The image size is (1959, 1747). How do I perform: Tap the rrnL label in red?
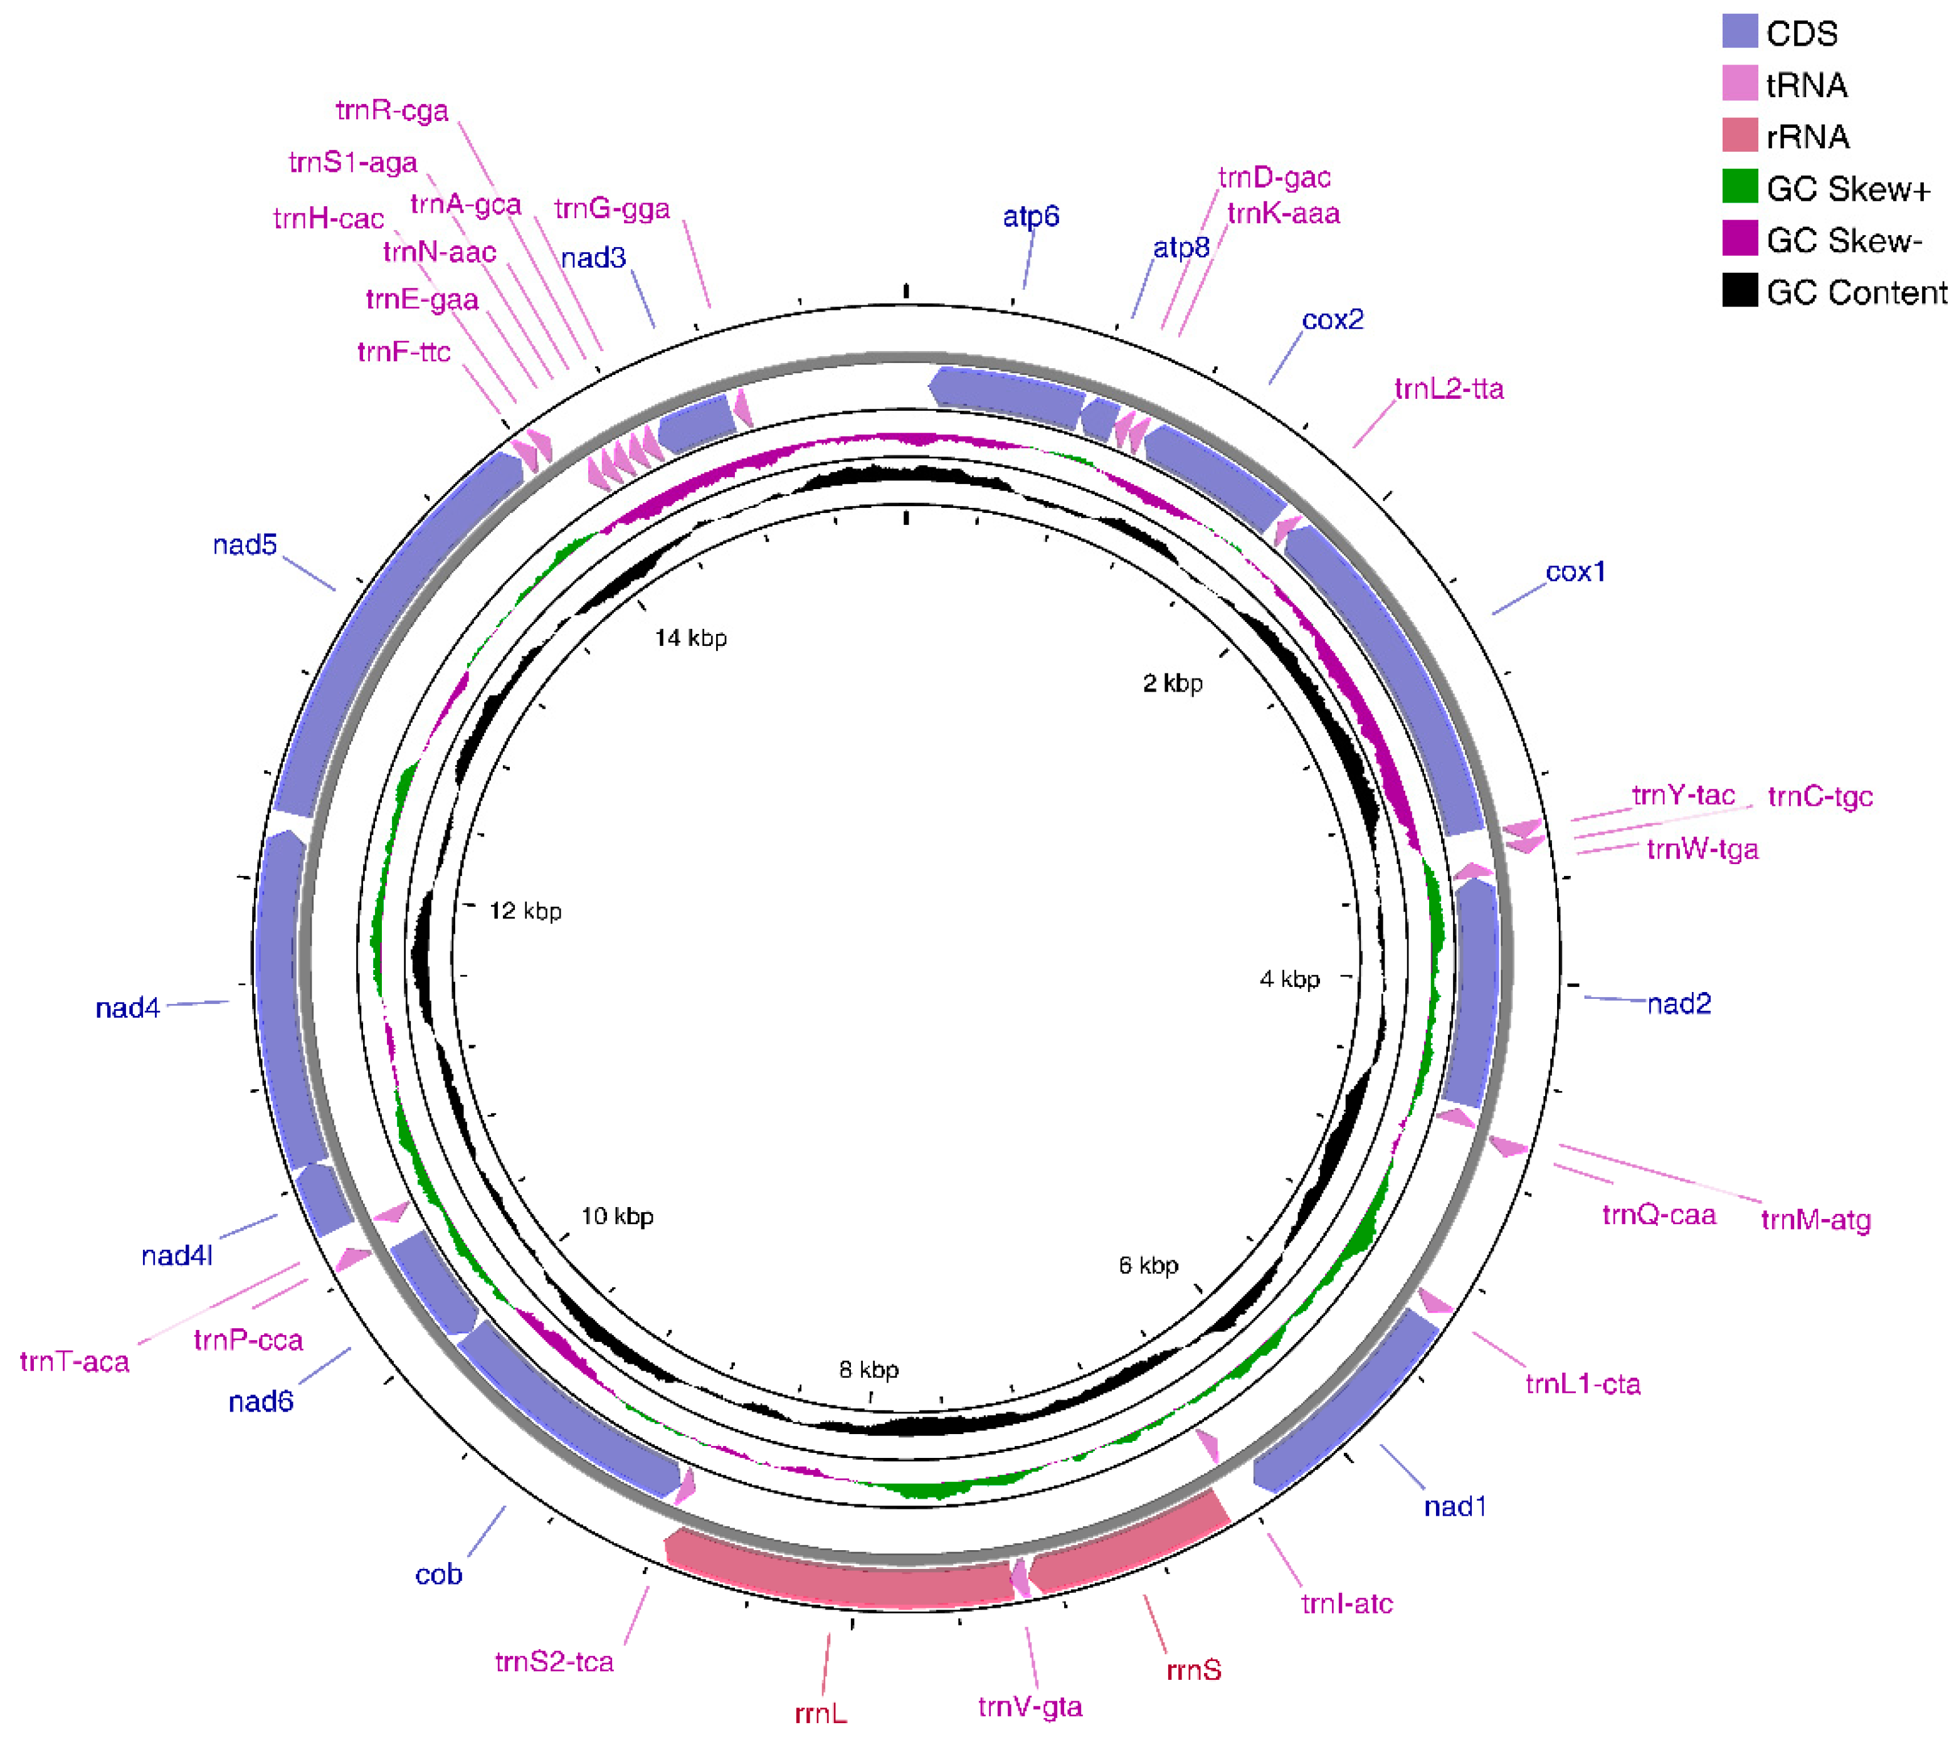pos(821,1713)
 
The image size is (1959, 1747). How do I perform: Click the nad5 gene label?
pos(245,545)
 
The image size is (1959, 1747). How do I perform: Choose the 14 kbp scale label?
pos(690,638)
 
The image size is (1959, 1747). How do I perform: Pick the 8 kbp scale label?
pos(869,1370)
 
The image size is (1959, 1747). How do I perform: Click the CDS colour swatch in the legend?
pos(1739,32)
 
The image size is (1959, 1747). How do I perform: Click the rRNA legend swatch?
pos(1739,135)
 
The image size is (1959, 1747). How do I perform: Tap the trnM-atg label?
pos(1815,1221)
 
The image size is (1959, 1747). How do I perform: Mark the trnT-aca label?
pos(75,1361)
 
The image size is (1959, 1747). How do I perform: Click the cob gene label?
pos(438,1575)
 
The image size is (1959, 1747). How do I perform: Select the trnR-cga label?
pos(391,112)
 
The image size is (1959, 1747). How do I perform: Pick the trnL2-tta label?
pos(1449,389)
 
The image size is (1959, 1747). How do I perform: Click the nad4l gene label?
pos(177,1255)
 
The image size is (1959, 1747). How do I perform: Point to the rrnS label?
pos(1193,1670)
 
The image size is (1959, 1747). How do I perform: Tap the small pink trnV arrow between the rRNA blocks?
pos(1020,1578)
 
